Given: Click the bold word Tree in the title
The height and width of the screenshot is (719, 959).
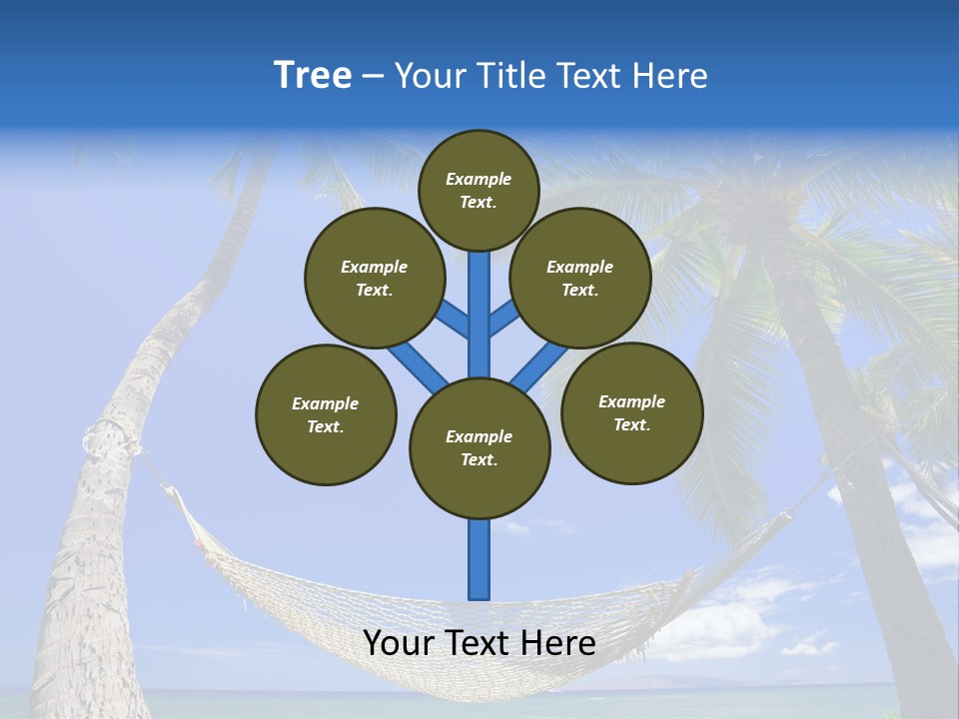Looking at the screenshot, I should point(313,76).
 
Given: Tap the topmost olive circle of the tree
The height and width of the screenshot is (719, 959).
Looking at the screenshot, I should point(479,190).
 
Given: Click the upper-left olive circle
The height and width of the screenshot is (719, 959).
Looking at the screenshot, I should point(374,278).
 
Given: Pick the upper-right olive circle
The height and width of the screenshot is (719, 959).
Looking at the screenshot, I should point(580,278).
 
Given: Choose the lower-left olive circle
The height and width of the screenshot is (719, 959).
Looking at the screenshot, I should point(326,414).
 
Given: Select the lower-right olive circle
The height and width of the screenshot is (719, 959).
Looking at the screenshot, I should point(631,412).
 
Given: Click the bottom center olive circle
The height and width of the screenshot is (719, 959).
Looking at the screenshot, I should point(479,448).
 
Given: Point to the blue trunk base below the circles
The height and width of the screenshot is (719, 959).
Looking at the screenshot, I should point(479,559).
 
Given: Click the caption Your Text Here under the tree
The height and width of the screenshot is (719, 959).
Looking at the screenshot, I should point(479,643).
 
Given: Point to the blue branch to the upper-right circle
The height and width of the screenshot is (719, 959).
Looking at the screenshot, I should point(503,319).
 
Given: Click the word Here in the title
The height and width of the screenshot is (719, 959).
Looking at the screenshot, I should point(671,76).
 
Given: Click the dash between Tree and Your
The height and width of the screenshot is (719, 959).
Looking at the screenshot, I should point(373,76).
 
